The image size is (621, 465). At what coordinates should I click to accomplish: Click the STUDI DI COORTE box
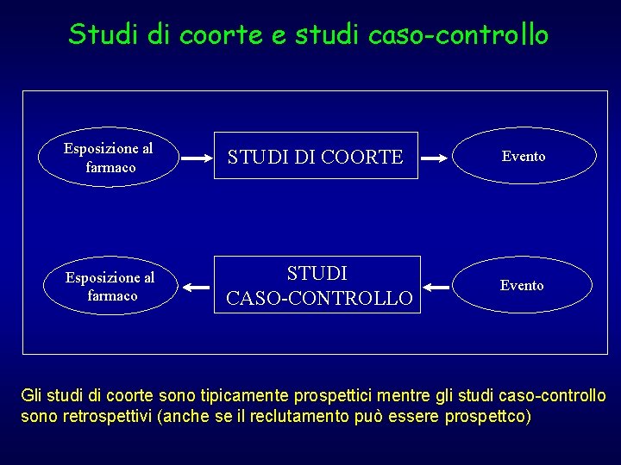click(x=315, y=156)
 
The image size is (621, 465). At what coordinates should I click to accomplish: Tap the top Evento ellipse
click(x=525, y=156)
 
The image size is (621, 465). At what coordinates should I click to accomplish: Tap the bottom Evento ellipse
click(x=523, y=285)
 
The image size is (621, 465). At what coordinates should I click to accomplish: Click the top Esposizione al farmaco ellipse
click(x=109, y=157)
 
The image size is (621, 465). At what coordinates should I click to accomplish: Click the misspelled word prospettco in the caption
click(x=487, y=418)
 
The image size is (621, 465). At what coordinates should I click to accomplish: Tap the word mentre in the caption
click(x=390, y=397)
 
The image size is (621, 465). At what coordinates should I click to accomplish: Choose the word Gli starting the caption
click(x=32, y=397)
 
